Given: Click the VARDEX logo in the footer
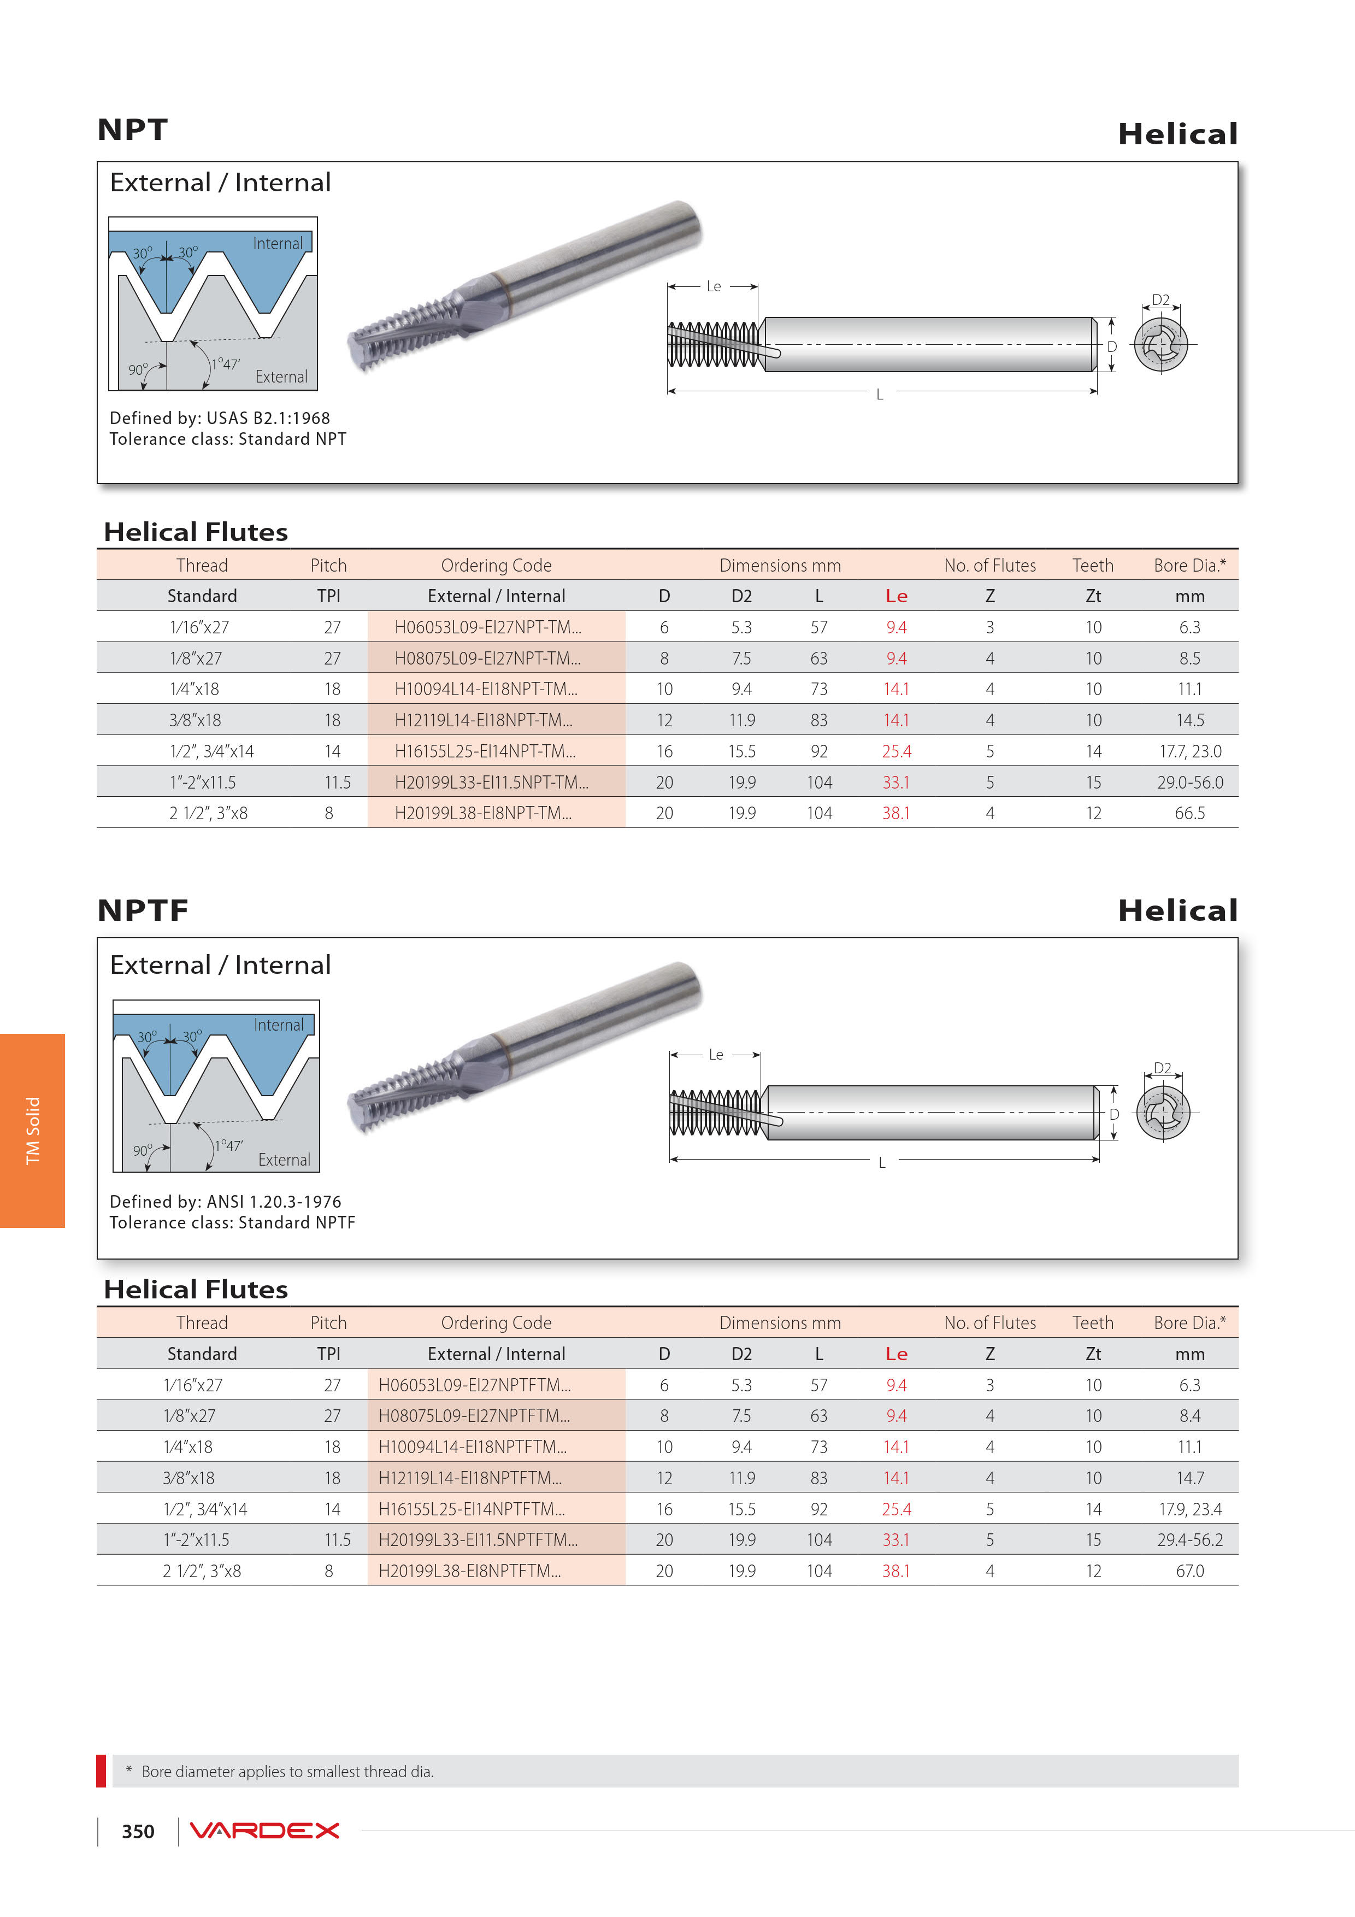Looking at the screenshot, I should [x=264, y=1830].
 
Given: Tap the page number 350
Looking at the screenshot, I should [x=138, y=1831].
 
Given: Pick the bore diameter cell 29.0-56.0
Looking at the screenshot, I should [x=1189, y=783].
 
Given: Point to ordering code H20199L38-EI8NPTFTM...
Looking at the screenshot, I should [x=469, y=1571].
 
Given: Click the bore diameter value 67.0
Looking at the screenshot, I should [x=1189, y=1571].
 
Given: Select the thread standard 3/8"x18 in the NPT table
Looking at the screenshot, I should [x=196, y=720].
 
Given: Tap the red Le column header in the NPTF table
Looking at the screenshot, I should [x=896, y=1354].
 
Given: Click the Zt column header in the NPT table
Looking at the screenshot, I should [x=1093, y=596].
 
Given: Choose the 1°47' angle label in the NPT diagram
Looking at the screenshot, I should [x=226, y=364].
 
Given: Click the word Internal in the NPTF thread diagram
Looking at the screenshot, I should [x=279, y=1025].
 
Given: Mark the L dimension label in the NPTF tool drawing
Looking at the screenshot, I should [x=882, y=1162].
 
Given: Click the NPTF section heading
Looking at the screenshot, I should [x=143, y=910].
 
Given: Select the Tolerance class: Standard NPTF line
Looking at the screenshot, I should [x=232, y=1222].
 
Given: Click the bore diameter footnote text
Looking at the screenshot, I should [x=287, y=1771].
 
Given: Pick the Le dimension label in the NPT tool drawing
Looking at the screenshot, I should [x=713, y=286].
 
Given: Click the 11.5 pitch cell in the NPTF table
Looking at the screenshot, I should [x=337, y=1539].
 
